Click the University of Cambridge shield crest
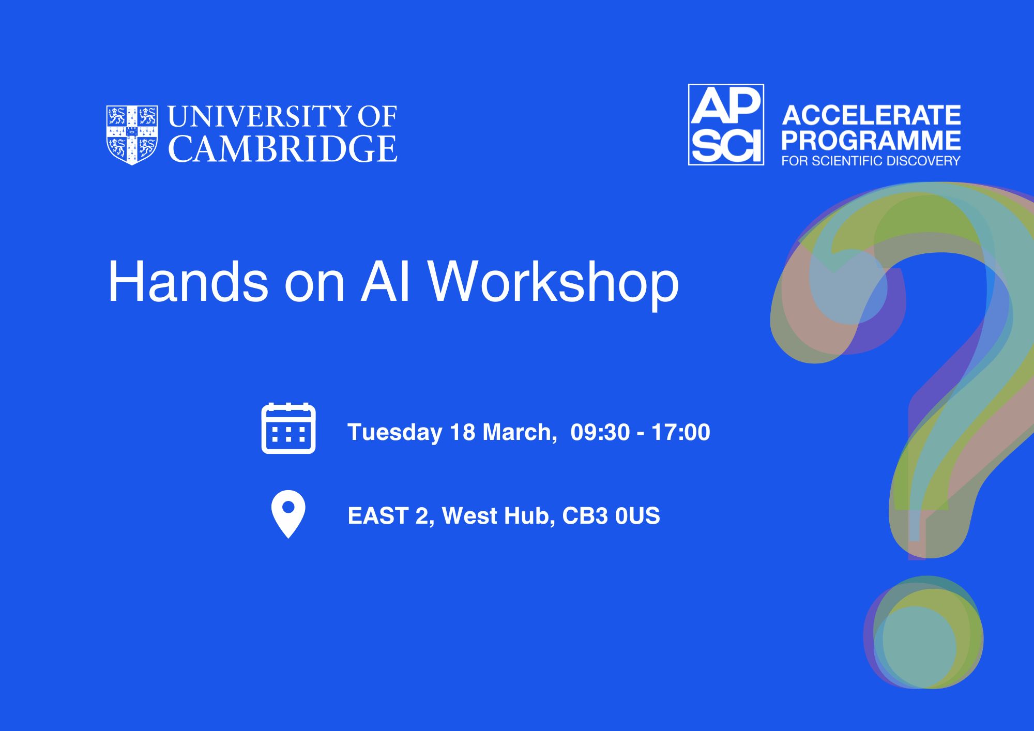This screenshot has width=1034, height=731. pos(132,135)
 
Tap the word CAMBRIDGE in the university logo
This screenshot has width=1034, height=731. pos(283,149)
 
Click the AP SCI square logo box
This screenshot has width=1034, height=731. pos(726,125)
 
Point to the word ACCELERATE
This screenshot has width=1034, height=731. pos(871,115)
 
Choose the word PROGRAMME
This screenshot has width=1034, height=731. pos(871,140)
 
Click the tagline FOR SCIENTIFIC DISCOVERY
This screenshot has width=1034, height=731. pos(871,161)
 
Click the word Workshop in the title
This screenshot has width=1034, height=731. pos(553,283)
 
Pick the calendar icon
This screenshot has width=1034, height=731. pos(288,428)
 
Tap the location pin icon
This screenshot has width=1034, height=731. pos(288,514)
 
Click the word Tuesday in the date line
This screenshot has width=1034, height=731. pos(395,433)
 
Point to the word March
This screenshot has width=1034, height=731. pos(520,432)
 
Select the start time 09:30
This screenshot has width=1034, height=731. pos(600,432)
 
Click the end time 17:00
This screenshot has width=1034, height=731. pos(681,432)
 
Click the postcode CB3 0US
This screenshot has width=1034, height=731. pos(611,516)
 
